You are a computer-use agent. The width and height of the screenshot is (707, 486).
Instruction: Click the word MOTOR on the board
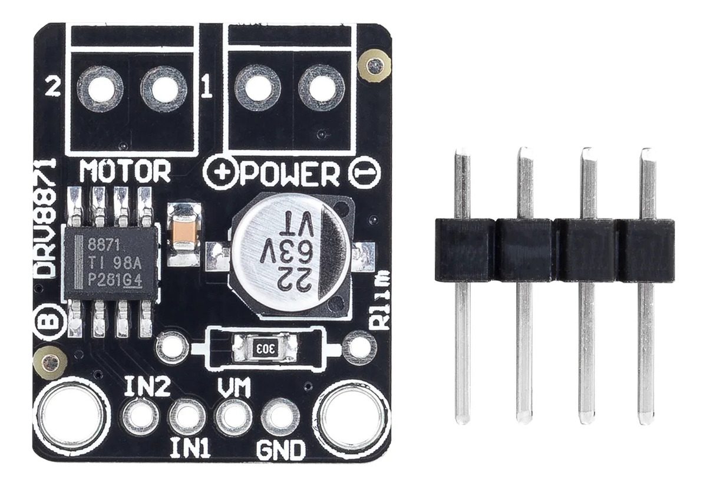[125, 171]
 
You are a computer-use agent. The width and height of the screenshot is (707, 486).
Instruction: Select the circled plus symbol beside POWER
[219, 174]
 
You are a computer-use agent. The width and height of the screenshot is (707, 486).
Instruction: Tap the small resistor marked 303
[265, 349]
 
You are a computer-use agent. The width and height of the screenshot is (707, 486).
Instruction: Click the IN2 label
[147, 388]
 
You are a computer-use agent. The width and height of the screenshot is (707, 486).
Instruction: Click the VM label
[234, 388]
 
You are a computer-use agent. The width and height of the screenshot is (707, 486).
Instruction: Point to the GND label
[280, 449]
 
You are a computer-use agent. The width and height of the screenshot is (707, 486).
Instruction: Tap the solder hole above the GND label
[280, 418]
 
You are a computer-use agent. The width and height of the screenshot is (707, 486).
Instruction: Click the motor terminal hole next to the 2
[100, 90]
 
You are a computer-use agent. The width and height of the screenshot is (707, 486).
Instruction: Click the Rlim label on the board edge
[381, 301]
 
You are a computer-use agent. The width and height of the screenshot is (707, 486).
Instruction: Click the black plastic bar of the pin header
[554, 250]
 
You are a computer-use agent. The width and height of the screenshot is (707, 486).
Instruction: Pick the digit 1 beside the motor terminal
[207, 86]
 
